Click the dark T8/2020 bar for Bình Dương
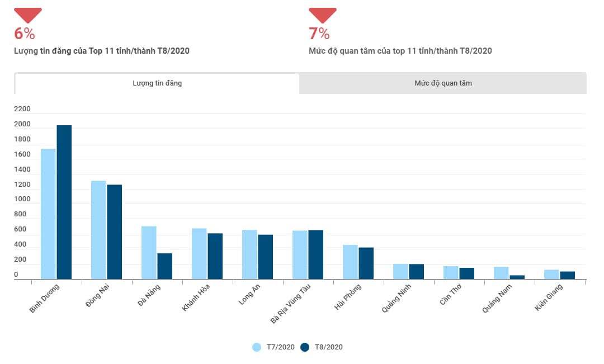[64, 202]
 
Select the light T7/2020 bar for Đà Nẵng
[149, 252]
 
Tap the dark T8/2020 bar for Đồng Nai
[115, 231]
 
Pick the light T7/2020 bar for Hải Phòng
[350, 262]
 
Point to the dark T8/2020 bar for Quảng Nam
[517, 277]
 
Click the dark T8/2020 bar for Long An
[266, 257]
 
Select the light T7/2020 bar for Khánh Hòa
[199, 253]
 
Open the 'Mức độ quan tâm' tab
[443, 83]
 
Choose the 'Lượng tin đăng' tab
[157, 83]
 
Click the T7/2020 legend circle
[257, 347]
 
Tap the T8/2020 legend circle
[305, 347]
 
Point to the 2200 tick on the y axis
[23, 109]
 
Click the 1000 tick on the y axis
[23, 200]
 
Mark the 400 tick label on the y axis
[20, 245]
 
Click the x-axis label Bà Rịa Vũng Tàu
[291, 304]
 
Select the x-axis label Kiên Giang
[549, 297]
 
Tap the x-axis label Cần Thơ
[451, 295]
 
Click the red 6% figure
[25, 34]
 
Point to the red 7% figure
[319, 34]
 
